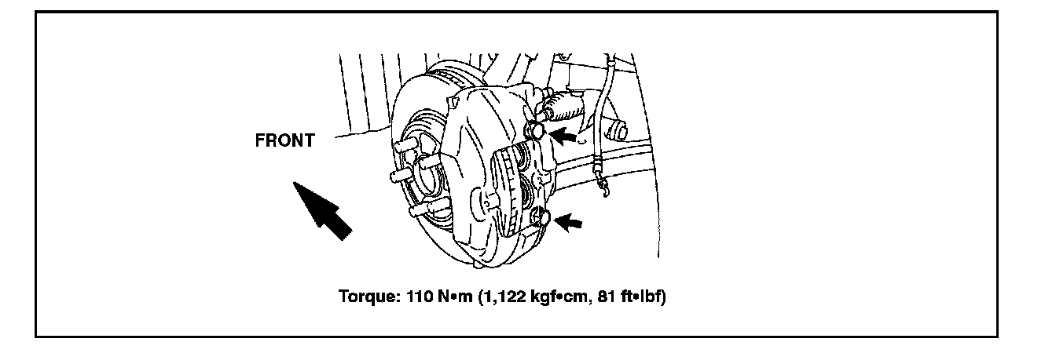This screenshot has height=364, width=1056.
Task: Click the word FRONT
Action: click(284, 140)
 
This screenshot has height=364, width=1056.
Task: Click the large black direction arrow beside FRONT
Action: click(322, 210)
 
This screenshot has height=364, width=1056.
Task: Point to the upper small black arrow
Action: click(563, 136)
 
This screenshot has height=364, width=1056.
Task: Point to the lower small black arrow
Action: click(568, 221)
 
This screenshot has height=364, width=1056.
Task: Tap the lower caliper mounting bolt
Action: click(541, 217)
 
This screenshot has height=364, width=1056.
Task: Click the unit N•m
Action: click(455, 297)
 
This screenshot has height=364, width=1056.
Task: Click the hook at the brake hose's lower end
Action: click(604, 189)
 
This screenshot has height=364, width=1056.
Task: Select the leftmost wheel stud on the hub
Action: click(399, 176)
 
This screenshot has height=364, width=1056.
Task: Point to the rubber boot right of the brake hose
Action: click(618, 129)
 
